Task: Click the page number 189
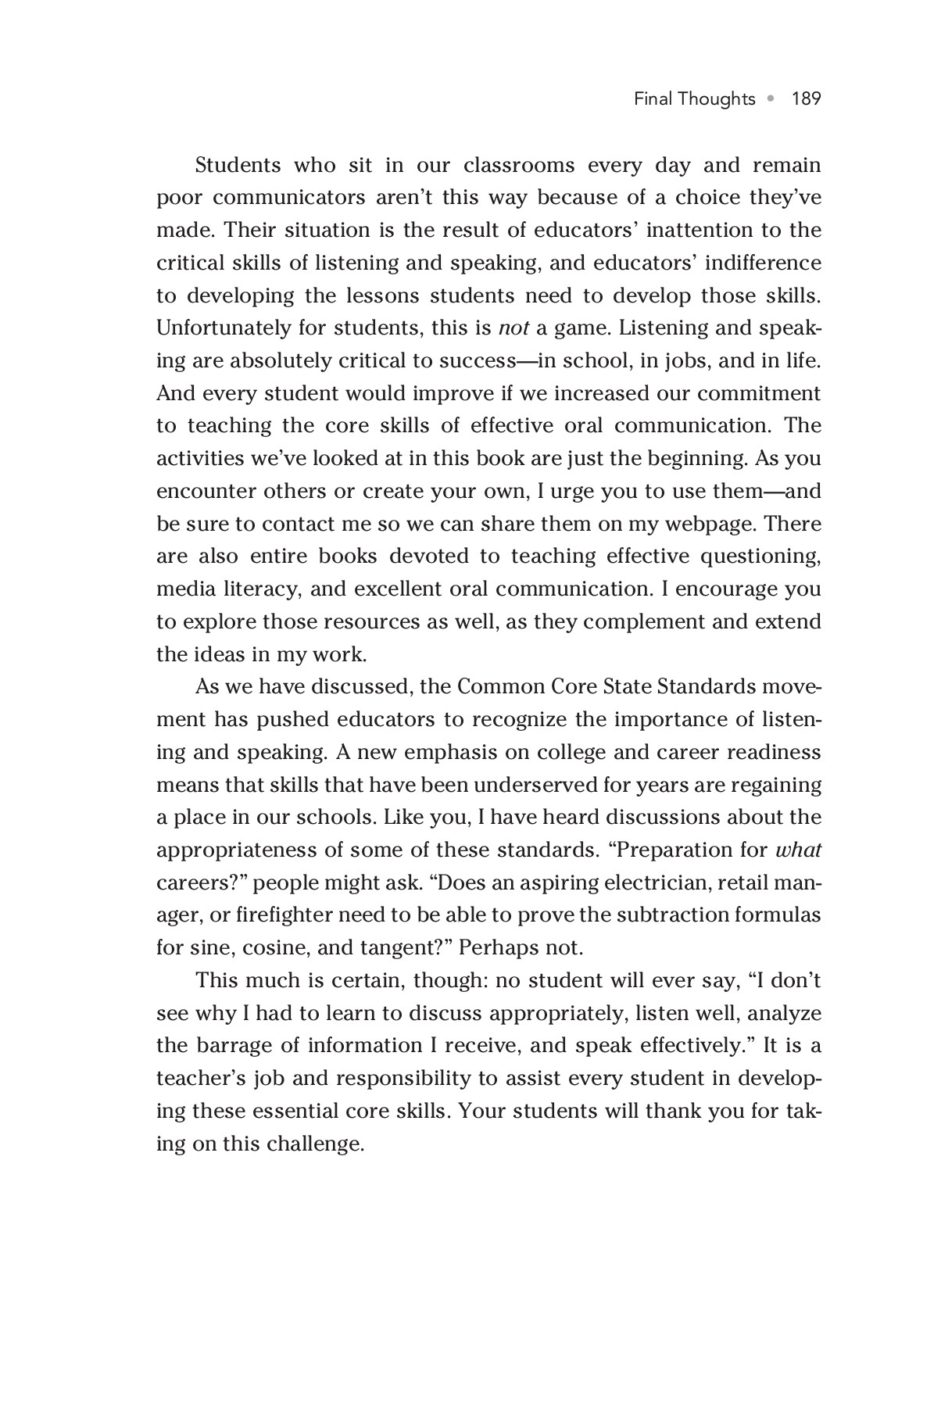806,99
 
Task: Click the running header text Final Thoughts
694,99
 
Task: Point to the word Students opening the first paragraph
238,166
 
